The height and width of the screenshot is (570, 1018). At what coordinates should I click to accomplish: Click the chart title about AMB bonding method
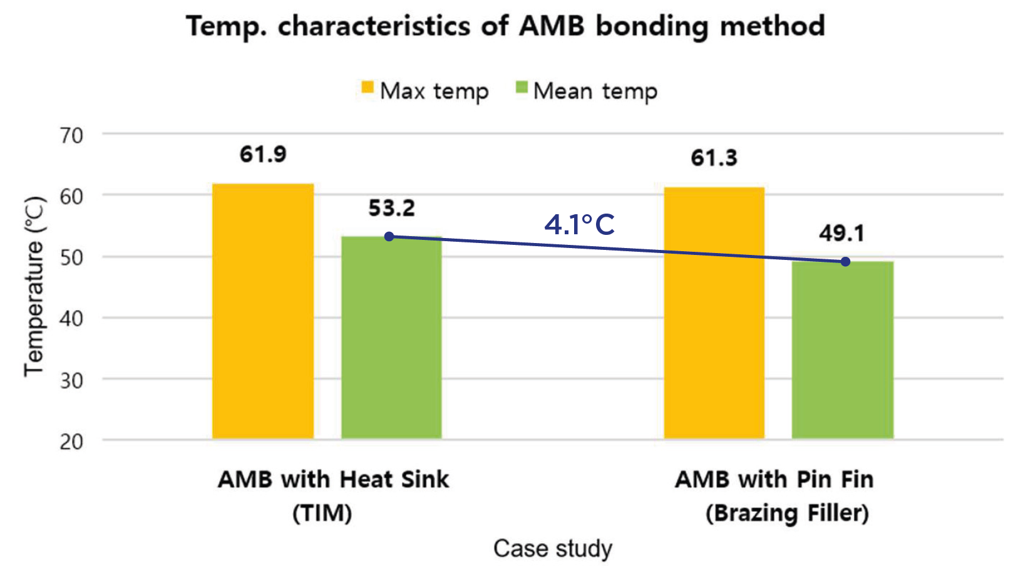505,26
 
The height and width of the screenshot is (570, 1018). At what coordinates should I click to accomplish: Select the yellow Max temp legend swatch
368,87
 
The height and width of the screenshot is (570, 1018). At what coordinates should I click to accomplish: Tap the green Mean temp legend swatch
522,87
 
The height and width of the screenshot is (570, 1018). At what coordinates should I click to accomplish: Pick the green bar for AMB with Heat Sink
391,338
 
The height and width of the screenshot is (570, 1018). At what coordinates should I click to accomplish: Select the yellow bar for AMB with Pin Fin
714,313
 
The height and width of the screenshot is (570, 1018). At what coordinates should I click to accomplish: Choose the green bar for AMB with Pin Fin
842,351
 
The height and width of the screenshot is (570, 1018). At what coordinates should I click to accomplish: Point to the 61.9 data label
263,154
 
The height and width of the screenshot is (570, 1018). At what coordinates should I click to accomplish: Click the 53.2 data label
391,208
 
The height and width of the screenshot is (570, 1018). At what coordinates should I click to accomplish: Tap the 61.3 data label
714,158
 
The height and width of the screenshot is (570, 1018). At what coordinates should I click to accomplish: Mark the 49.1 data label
841,234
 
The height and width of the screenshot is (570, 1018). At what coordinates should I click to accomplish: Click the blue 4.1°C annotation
579,225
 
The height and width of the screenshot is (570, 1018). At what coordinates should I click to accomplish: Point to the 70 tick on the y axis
72,135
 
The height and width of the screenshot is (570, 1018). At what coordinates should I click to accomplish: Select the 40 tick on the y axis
72,319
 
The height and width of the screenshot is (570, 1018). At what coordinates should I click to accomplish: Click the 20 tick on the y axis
72,442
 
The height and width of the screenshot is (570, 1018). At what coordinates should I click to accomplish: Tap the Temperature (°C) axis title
34,286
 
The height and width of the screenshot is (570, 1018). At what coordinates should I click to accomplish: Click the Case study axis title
553,548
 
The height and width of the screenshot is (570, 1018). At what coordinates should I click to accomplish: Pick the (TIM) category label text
322,514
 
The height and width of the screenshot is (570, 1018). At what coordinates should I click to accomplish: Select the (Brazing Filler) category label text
787,514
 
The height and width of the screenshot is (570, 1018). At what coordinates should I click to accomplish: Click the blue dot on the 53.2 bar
389,237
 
